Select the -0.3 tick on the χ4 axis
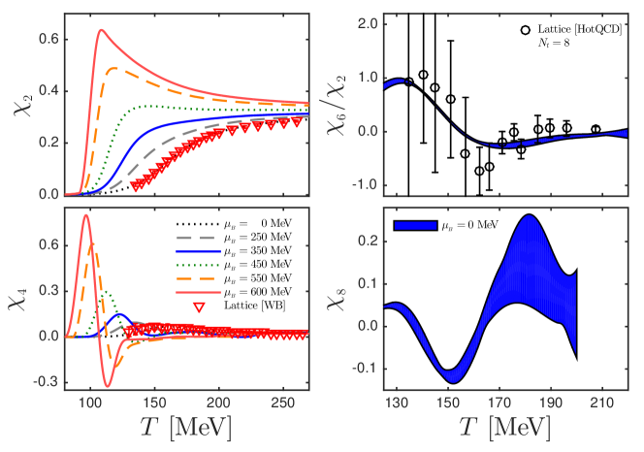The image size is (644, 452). click(x=46, y=382)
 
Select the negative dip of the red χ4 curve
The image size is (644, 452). click(x=109, y=386)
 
